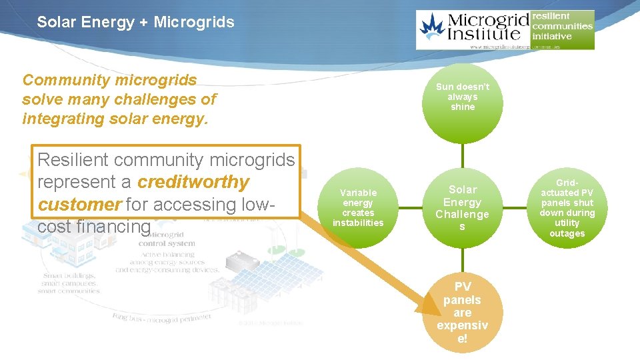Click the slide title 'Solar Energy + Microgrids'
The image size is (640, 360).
[135, 22]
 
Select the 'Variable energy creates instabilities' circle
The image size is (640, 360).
[358, 208]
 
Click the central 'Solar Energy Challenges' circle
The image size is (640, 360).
[463, 208]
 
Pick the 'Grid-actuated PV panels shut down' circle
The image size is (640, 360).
[567, 208]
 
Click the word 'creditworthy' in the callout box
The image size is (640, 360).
[193, 182]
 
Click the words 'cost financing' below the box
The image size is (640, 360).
[94, 227]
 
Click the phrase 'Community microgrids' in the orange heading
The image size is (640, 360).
[109, 81]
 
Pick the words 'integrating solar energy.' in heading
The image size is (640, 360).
[115, 119]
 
